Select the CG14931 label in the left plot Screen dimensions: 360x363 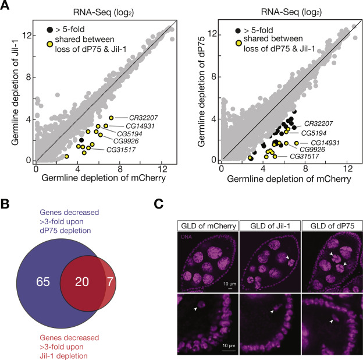coord(138,126)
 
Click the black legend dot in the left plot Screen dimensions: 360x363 coord(51,29)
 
